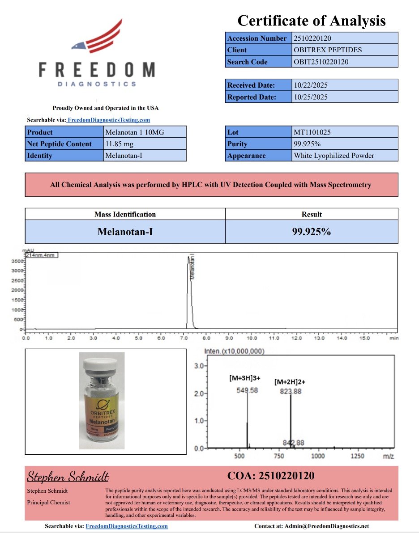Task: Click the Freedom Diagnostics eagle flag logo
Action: [x=96, y=36]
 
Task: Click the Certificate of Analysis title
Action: [x=311, y=20]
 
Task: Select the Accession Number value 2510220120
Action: [x=312, y=38]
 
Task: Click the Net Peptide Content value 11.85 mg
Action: [x=119, y=144]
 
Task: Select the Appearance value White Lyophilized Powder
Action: [x=334, y=156]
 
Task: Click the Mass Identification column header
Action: [x=125, y=214]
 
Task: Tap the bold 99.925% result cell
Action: [x=311, y=232]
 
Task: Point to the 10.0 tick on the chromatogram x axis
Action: [x=252, y=338]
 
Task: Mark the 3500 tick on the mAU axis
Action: [x=17, y=261]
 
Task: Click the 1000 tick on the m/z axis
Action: [x=317, y=456]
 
